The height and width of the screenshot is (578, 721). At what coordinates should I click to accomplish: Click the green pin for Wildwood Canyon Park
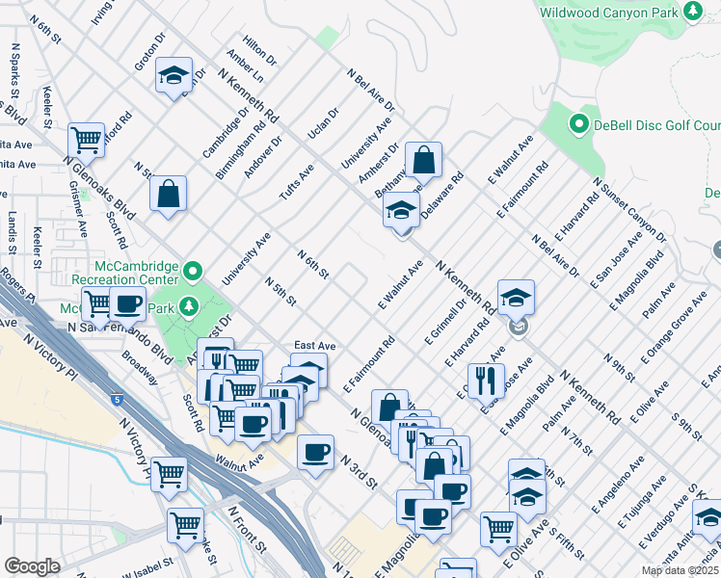tap(692, 12)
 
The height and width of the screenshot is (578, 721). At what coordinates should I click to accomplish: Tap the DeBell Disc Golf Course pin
tap(578, 124)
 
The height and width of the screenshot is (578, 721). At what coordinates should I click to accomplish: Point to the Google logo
tap(32, 566)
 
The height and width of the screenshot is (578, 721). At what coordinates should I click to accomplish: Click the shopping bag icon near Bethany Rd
tap(422, 160)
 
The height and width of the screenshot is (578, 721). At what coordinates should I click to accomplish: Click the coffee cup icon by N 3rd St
tap(314, 453)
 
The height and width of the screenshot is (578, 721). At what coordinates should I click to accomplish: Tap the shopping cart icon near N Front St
tap(185, 526)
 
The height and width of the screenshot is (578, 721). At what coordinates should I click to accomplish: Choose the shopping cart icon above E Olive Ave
tap(498, 528)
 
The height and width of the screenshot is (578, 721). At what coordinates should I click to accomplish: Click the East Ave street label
tap(314, 345)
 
